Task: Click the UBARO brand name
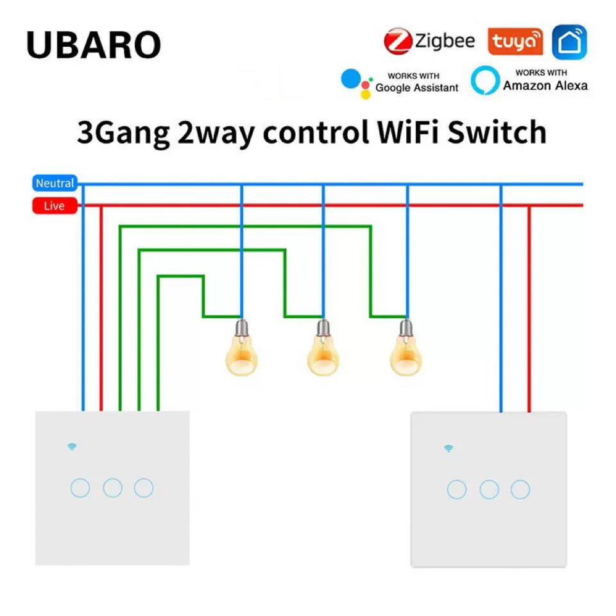[x=94, y=45]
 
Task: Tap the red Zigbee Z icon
[x=397, y=42]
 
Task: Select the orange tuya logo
[x=515, y=42]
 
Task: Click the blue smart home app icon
[x=569, y=42]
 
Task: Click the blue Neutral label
[x=55, y=184]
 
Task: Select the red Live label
[x=55, y=206]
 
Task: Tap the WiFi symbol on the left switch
[x=72, y=447]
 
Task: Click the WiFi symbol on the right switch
[x=448, y=448]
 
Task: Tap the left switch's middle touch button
[x=112, y=488]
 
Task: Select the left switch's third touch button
[x=144, y=488]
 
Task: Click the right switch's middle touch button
[x=489, y=490]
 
